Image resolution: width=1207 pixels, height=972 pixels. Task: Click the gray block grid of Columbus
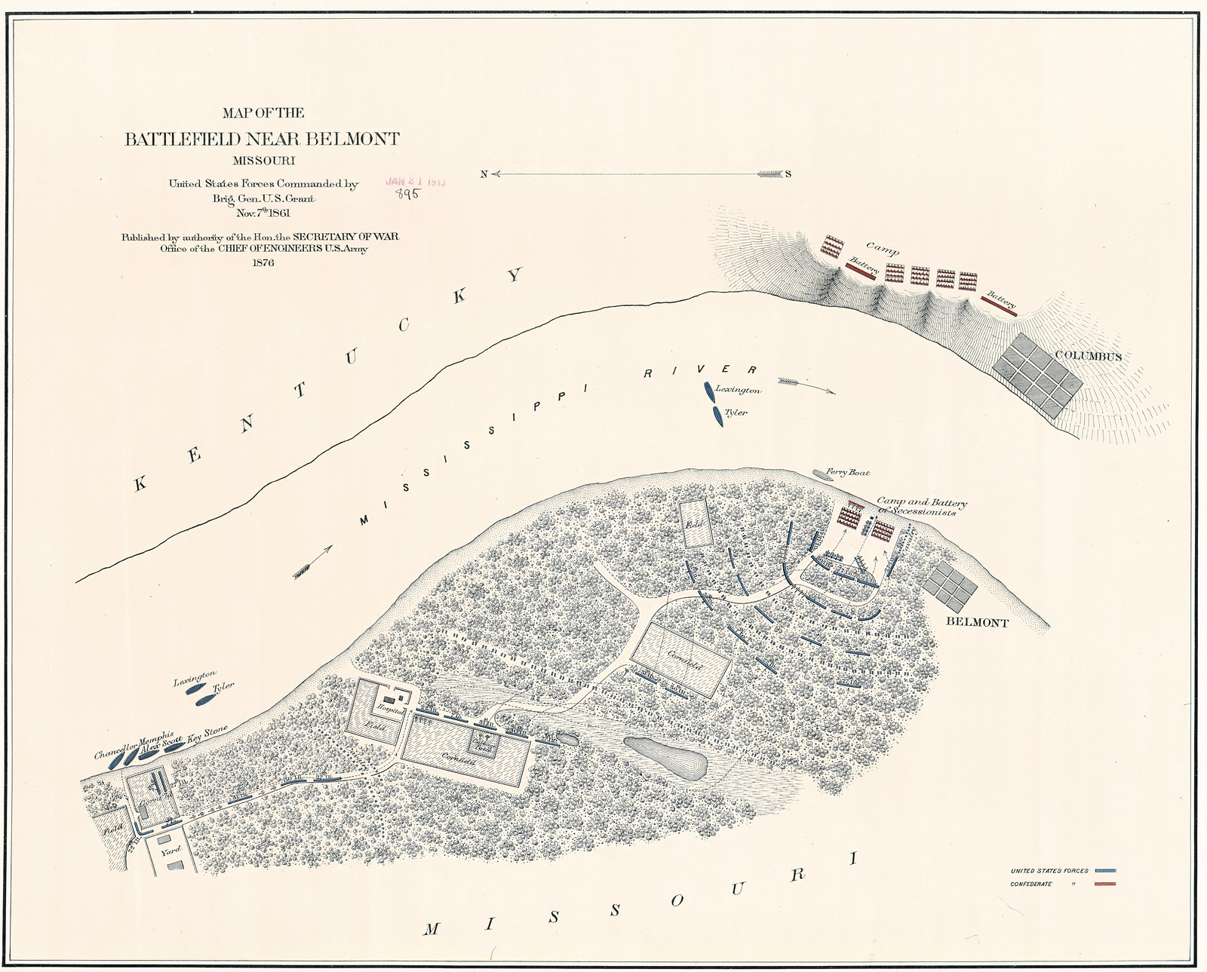point(1037,373)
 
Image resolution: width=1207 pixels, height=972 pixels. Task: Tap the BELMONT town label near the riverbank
point(977,623)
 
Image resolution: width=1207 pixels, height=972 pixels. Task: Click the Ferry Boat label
point(848,473)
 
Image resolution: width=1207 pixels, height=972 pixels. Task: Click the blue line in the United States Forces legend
point(1104,870)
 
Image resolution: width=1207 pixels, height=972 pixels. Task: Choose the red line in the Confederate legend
point(1104,884)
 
